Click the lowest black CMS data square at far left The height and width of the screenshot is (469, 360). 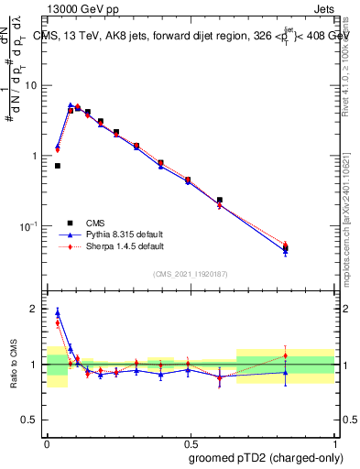pos(58,166)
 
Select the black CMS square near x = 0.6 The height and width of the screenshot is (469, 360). pos(219,200)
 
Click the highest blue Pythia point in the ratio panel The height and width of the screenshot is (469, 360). pos(58,312)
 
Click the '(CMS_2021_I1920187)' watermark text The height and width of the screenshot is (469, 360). pos(191,273)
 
